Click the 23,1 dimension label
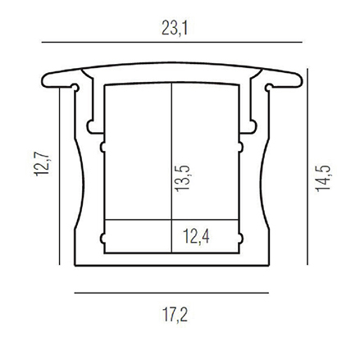pyautogui.click(x=175, y=28)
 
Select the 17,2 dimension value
pyautogui.click(x=175, y=315)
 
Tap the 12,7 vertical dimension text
pyautogui.click(x=43, y=164)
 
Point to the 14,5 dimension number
pyautogui.click(x=323, y=178)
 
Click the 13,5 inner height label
pyautogui.click(x=183, y=178)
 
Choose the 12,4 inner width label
pyautogui.click(x=196, y=236)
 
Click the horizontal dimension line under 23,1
pyautogui.click(x=172, y=43)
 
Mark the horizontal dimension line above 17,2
pyautogui.click(x=171, y=293)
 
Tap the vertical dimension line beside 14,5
pyautogui.click(x=308, y=166)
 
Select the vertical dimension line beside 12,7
pyautogui.click(x=60, y=176)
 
